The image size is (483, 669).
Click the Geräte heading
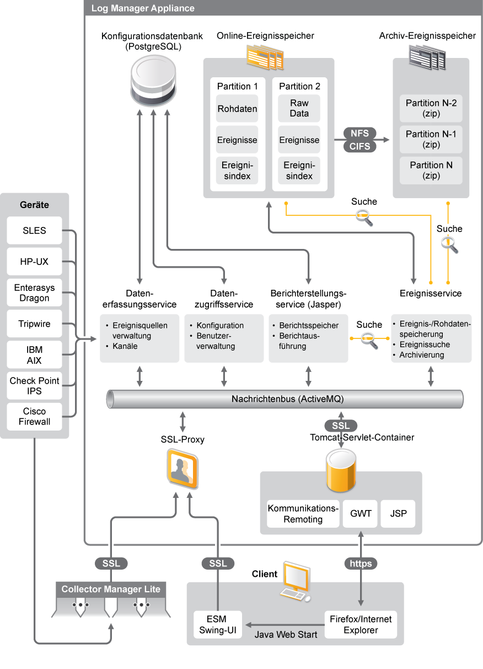pyautogui.click(x=34, y=205)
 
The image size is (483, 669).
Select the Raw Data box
pyautogui.click(x=299, y=108)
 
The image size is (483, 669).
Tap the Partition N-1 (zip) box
pyautogui.click(x=431, y=139)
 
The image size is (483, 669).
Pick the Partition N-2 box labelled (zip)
pyautogui.click(x=431, y=108)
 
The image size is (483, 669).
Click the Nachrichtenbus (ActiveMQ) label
pyautogui.click(x=287, y=399)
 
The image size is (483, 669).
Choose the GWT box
pyautogui.click(x=361, y=513)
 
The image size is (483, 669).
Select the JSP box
pyautogui.click(x=399, y=513)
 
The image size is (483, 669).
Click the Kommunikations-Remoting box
pyautogui.click(x=303, y=514)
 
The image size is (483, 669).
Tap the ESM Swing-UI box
pyautogui.click(x=212, y=624)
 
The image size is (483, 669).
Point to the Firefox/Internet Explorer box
pyautogui.click(x=361, y=624)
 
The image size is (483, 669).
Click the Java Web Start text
pyautogui.click(x=286, y=635)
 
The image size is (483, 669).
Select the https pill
pyautogui.click(x=361, y=564)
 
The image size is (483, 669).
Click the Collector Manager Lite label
pyautogui.click(x=111, y=590)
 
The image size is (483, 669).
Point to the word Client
pyautogui.click(x=265, y=574)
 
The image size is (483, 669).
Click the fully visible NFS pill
pyautogui.click(x=360, y=133)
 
